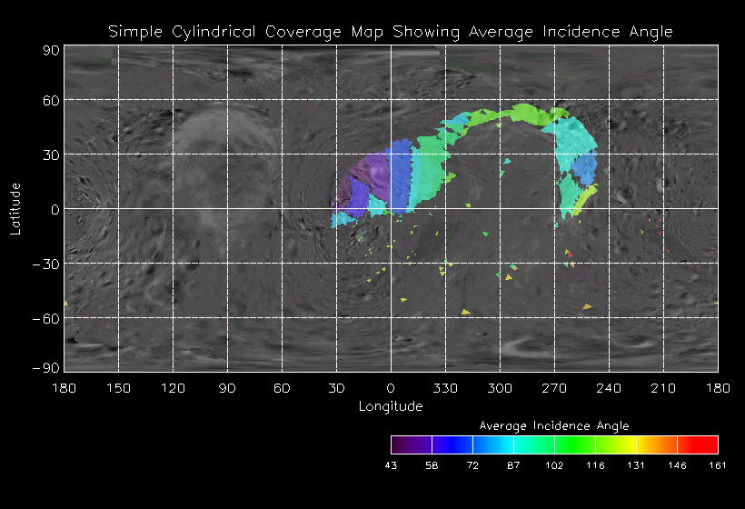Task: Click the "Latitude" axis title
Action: (15, 208)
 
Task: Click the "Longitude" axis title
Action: (391, 406)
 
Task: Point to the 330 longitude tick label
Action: (445, 389)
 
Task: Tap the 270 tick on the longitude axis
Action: (554, 389)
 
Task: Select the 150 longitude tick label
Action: (118, 389)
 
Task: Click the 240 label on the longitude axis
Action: (609, 389)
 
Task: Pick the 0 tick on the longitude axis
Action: (391, 389)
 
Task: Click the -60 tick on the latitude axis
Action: (45, 318)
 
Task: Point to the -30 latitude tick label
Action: (45, 264)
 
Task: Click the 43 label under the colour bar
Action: (392, 465)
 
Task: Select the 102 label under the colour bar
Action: (554, 465)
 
